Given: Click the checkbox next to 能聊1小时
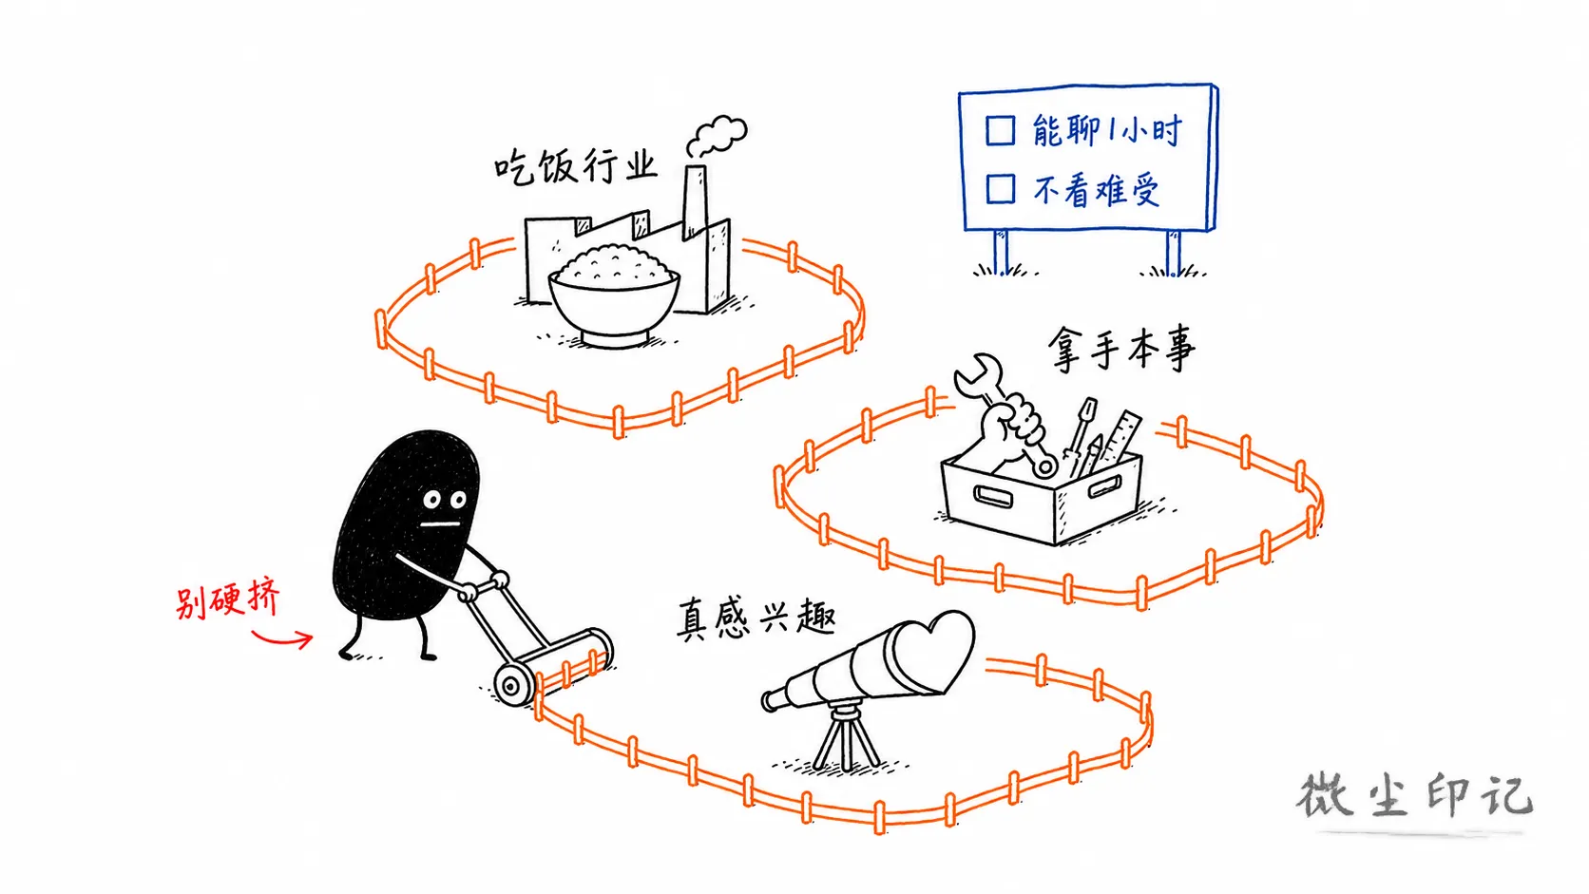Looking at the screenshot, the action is [1000, 130].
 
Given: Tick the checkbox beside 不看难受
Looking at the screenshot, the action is [1000, 189].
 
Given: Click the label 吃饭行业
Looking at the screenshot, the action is [575, 167].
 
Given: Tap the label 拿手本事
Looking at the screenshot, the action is [1121, 349].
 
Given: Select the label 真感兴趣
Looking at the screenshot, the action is [756, 618].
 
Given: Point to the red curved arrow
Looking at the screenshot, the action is [282, 639].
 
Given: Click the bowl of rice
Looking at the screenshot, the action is [614, 295].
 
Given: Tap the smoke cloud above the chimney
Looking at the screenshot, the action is [717, 136].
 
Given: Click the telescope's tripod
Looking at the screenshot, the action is [846, 736].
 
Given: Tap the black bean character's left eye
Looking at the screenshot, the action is [431, 500].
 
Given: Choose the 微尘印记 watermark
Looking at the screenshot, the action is [1414, 796].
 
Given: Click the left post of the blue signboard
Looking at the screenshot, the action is [1001, 252].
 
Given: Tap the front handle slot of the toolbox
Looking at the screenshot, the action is [993, 496].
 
